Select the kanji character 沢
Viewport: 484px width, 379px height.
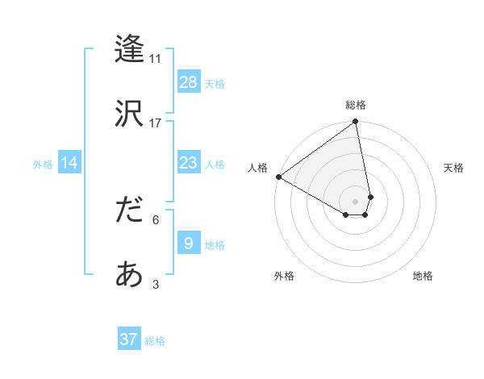click(130, 112)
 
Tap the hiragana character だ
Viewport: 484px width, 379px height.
click(130, 210)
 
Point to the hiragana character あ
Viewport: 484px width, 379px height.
click(130, 275)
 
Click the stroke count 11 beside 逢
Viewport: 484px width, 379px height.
click(156, 58)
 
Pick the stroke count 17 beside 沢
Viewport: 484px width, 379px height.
click(156, 123)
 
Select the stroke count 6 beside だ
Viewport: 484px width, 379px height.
click(156, 219)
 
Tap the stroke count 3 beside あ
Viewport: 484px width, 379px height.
click(156, 285)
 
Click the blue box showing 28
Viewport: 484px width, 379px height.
click(189, 82)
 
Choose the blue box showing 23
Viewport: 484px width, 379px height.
click(189, 163)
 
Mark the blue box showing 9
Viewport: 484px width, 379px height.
click(189, 244)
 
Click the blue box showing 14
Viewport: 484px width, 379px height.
click(69, 163)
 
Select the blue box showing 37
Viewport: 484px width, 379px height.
click(129, 339)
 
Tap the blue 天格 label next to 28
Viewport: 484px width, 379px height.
click(215, 83)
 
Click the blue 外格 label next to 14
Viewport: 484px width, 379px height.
click(43, 164)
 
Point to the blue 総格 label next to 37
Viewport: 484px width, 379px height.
click(155, 341)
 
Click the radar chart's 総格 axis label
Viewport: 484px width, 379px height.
click(356, 105)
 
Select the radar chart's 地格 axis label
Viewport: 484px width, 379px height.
click(423, 277)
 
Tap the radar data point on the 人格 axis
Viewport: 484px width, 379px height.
click(278, 177)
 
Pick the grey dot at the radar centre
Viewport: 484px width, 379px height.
click(356, 201)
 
